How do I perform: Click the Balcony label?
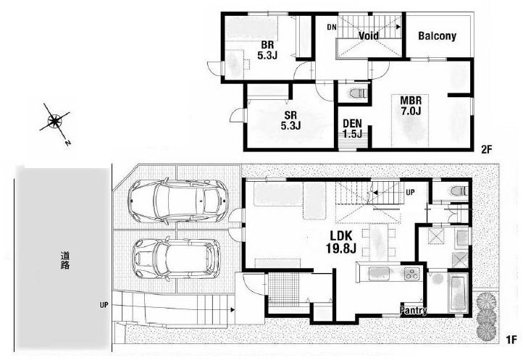click(437, 36)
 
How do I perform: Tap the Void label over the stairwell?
click(368, 35)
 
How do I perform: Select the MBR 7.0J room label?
click(411, 106)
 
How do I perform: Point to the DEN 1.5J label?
click(353, 129)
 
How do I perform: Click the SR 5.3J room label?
click(290, 120)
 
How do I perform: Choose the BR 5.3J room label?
click(267, 50)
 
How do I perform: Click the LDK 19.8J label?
click(341, 241)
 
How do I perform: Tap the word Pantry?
click(414, 310)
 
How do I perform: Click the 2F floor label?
click(487, 150)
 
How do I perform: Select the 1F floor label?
click(511, 340)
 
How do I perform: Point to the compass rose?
click(55, 121)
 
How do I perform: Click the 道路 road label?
click(65, 261)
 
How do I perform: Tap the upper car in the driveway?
click(178, 201)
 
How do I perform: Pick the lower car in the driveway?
click(177, 259)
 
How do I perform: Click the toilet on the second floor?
click(359, 93)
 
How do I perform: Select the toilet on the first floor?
click(460, 191)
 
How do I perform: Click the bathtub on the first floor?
click(459, 293)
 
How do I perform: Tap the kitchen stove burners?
click(411, 274)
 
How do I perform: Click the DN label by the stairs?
click(332, 28)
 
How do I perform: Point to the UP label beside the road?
click(104, 305)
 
